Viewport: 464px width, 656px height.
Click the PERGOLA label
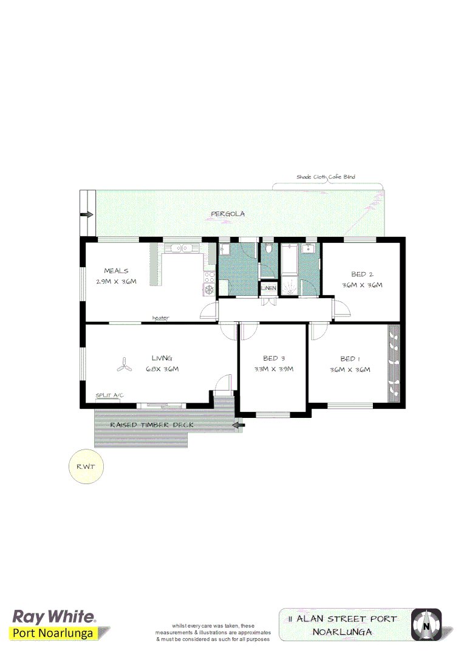[227, 214]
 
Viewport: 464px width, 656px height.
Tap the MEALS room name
[116, 271]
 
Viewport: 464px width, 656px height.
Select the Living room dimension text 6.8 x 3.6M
[162, 369]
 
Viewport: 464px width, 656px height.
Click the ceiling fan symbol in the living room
[125, 366]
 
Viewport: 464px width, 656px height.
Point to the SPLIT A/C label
[109, 395]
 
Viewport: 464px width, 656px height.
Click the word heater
[160, 318]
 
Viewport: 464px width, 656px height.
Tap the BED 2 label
[362, 274]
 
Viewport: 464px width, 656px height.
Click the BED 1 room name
[350, 358]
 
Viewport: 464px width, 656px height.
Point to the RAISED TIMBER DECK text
[152, 425]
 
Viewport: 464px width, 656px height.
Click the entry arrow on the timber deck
[239, 425]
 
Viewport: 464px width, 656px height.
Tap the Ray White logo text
[54, 617]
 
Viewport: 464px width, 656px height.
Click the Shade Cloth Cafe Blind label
[326, 177]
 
